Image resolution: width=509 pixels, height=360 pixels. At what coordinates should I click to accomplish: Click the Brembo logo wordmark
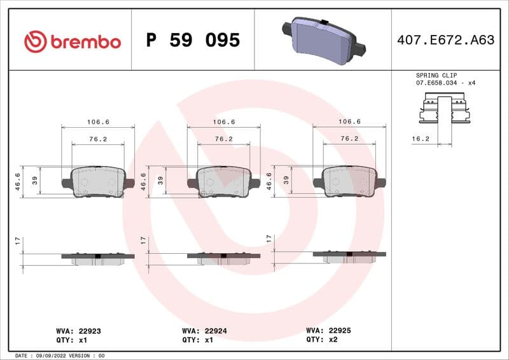[x=73, y=41]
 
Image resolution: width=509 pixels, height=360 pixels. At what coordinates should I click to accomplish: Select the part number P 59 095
[x=193, y=41]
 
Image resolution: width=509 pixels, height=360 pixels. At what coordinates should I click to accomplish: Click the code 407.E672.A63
[x=445, y=41]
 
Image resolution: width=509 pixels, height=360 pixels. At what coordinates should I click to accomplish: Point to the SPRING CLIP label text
[x=436, y=75]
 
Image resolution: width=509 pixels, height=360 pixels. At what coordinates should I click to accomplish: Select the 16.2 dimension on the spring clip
[x=420, y=138]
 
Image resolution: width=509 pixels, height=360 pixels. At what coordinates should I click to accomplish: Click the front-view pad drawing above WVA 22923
[x=98, y=182]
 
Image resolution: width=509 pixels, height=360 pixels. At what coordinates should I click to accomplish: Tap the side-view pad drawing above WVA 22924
[x=223, y=258]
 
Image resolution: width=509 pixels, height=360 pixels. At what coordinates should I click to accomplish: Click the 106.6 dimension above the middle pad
[x=223, y=121]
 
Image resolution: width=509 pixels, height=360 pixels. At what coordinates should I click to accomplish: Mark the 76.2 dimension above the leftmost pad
[x=98, y=138]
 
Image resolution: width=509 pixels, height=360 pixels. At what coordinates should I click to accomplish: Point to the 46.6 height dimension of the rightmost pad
[x=269, y=181]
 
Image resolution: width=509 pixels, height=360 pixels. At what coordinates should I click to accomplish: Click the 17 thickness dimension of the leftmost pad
[x=17, y=242]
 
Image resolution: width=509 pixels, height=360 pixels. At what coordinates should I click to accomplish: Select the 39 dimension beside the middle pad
[x=160, y=181]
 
